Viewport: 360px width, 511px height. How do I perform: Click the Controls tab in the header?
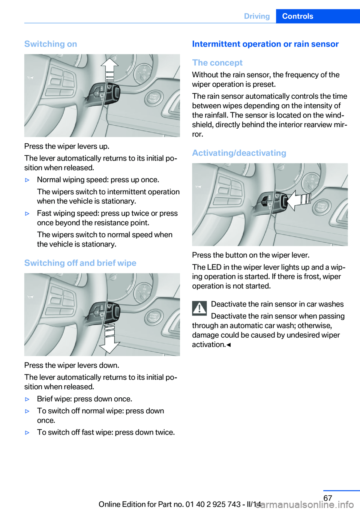click(x=297, y=16)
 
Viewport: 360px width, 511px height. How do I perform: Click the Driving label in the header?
click(x=257, y=16)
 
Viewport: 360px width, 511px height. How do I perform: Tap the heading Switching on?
click(x=51, y=44)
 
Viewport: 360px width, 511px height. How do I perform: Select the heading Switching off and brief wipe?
click(x=80, y=263)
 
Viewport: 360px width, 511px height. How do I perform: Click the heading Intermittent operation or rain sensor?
click(x=265, y=44)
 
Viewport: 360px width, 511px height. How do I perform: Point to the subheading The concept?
click(x=217, y=63)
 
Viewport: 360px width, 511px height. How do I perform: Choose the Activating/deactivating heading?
click(x=239, y=153)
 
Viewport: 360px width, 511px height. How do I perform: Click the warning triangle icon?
click(x=199, y=308)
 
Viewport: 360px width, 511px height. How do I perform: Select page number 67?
click(x=328, y=498)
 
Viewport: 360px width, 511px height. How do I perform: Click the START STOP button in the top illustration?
click(x=154, y=99)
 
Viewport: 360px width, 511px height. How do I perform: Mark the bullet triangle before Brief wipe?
click(x=27, y=399)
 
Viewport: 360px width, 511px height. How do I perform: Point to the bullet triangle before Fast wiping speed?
click(x=27, y=213)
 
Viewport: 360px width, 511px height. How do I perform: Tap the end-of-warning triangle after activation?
click(x=229, y=345)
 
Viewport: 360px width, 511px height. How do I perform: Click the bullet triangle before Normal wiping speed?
click(x=27, y=180)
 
